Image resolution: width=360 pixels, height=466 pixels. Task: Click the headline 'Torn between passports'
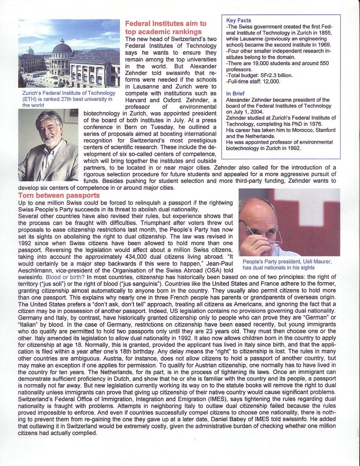59,195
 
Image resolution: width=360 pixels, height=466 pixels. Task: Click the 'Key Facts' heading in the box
238,20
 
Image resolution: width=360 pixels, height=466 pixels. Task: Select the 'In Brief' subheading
235,94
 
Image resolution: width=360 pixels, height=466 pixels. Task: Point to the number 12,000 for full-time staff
271,81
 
